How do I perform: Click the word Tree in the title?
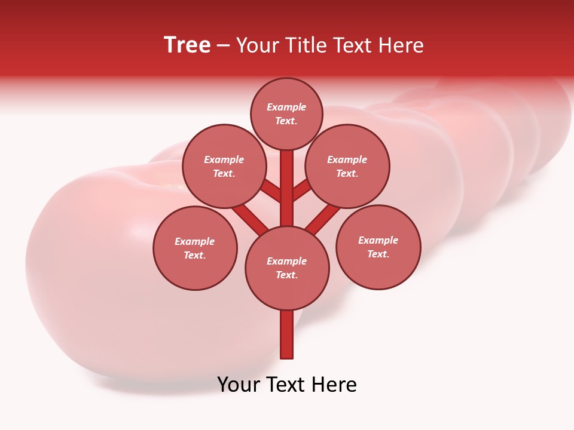pyautogui.click(x=187, y=45)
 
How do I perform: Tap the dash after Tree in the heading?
pyautogui.click(x=223, y=46)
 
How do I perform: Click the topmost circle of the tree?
pyautogui.click(x=286, y=113)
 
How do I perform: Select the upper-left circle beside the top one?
pyautogui.click(x=224, y=166)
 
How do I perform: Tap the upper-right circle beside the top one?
pyautogui.click(x=347, y=166)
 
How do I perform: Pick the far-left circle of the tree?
pyautogui.click(x=195, y=248)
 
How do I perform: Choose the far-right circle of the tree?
pyautogui.click(x=378, y=247)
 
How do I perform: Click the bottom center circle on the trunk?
pyautogui.click(x=287, y=268)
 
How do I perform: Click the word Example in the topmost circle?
pyautogui.click(x=286, y=107)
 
